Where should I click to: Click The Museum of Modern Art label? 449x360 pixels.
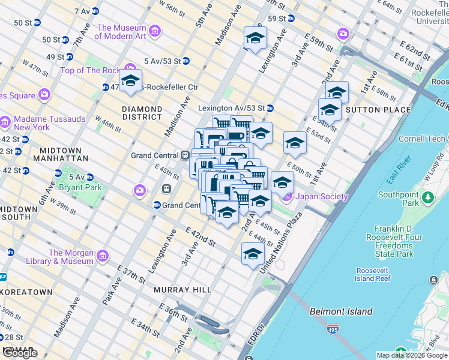[121, 32]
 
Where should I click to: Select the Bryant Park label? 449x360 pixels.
[78, 187]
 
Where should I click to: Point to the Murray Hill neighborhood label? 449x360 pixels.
[182, 290]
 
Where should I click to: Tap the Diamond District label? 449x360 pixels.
[142, 113]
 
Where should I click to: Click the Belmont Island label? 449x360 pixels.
[341, 311]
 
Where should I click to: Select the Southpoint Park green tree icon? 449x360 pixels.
[427, 197]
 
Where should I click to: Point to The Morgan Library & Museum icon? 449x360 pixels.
[103, 256]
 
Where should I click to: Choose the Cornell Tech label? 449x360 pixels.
[406, 139]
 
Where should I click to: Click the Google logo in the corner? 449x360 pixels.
[20, 353]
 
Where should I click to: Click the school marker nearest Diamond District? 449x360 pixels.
[130, 81]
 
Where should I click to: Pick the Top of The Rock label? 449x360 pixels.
[90, 70]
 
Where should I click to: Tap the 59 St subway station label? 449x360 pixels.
[276, 19]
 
